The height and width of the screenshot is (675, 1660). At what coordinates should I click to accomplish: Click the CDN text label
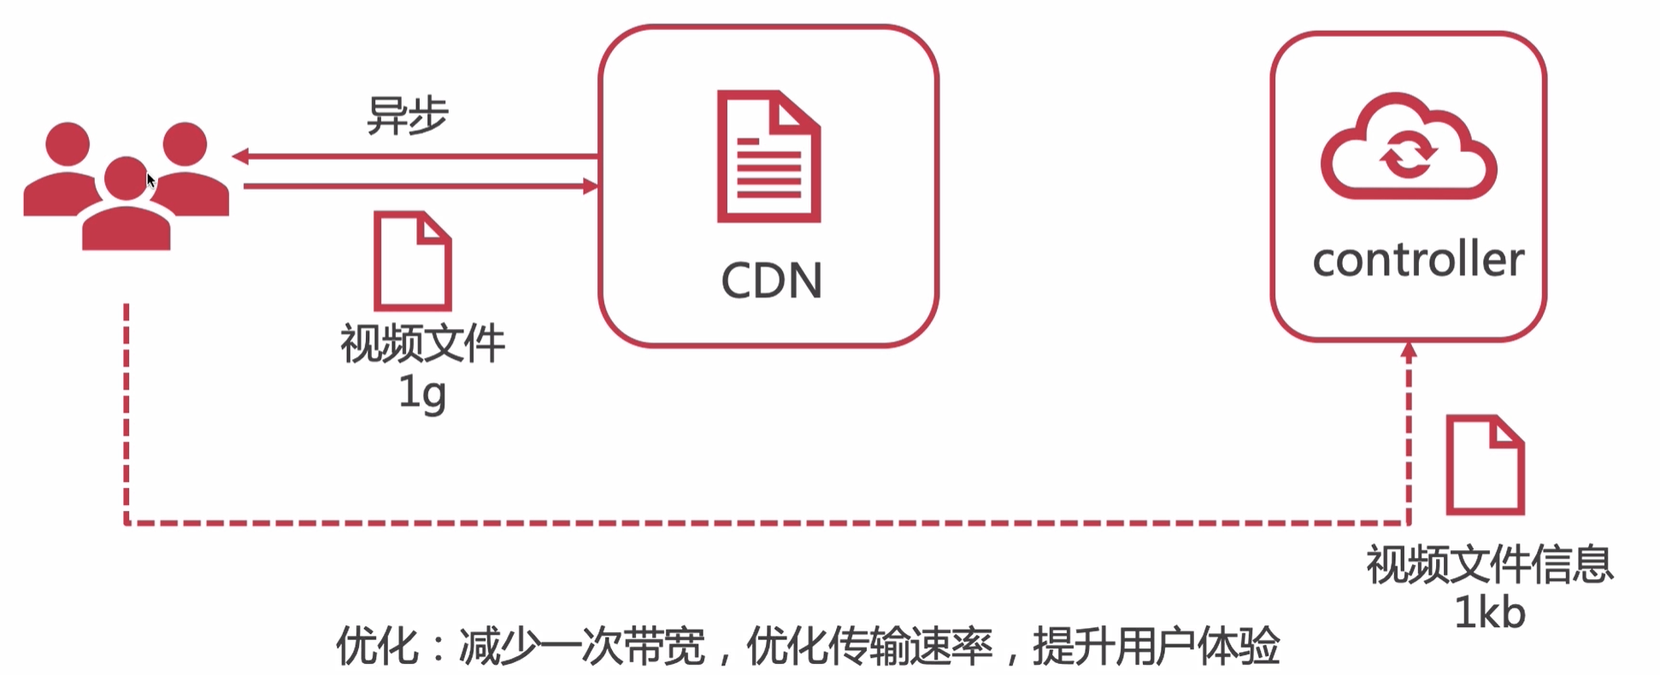pyautogui.click(x=771, y=280)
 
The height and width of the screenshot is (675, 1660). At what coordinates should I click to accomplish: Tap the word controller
pyautogui.click(x=1418, y=260)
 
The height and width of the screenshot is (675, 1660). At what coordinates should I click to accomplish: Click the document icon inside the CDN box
pyautogui.click(x=768, y=156)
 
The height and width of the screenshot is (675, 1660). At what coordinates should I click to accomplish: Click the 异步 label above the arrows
pyautogui.click(x=407, y=115)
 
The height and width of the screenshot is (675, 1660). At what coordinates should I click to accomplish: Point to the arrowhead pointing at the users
pyautogui.click(x=241, y=156)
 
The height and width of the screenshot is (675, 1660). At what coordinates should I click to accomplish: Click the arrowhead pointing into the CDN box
pyautogui.click(x=590, y=186)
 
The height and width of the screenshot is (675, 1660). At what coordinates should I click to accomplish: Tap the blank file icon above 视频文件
pyautogui.click(x=412, y=261)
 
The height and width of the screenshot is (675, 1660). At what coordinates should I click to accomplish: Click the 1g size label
pyautogui.click(x=422, y=393)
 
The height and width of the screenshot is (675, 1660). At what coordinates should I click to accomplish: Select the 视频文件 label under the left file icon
pyautogui.click(x=422, y=343)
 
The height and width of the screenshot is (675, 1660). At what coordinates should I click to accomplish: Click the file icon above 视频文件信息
pyautogui.click(x=1485, y=465)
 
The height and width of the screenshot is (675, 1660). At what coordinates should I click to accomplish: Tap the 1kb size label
pyautogui.click(x=1489, y=613)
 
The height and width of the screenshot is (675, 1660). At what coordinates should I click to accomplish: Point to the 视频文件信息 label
pyautogui.click(x=1489, y=565)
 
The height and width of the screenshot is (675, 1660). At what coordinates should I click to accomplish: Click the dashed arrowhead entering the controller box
pyautogui.click(x=1409, y=350)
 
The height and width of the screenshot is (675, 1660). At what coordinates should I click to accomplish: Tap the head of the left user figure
pyautogui.click(x=68, y=143)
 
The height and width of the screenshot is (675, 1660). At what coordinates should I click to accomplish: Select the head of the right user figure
pyautogui.click(x=185, y=143)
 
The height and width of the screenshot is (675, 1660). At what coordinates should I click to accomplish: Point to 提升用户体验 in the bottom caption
pyautogui.click(x=1156, y=646)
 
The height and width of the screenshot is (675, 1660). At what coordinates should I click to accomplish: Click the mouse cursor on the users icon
pyautogui.click(x=150, y=180)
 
